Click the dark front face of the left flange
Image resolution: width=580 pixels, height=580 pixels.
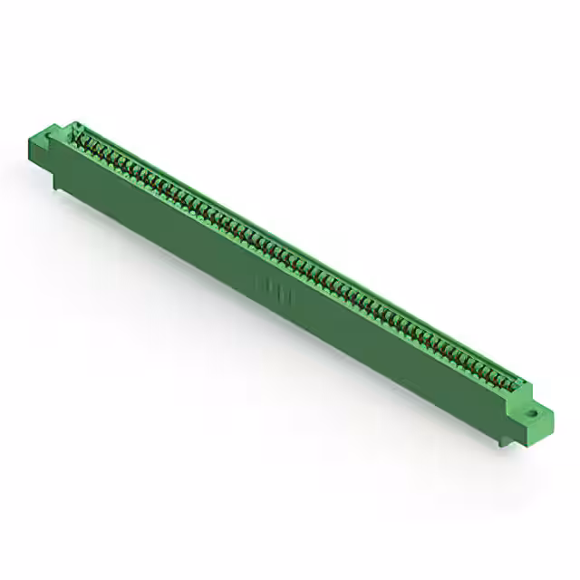[45, 156]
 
